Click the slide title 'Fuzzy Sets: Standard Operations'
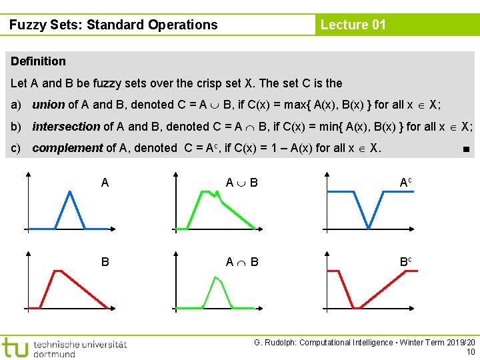click(x=113, y=25)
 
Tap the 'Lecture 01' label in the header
click(x=353, y=25)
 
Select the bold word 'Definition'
click(x=39, y=61)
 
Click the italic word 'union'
click(x=49, y=105)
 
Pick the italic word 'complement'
click(x=67, y=148)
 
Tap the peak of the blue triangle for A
click(x=70, y=192)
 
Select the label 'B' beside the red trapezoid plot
click(x=105, y=262)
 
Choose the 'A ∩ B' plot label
click(x=241, y=262)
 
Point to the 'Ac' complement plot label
click(x=405, y=183)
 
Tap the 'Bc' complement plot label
click(x=405, y=261)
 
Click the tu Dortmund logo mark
click(x=15, y=347)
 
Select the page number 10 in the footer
click(x=471, y=352)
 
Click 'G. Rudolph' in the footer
click(x=274, y=343)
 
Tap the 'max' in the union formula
click(x=291, y=105)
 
